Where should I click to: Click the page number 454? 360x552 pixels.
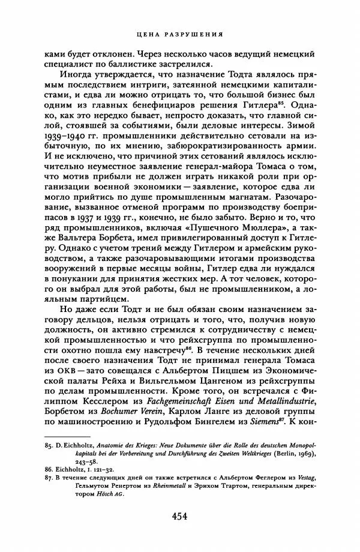pos(180,516)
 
